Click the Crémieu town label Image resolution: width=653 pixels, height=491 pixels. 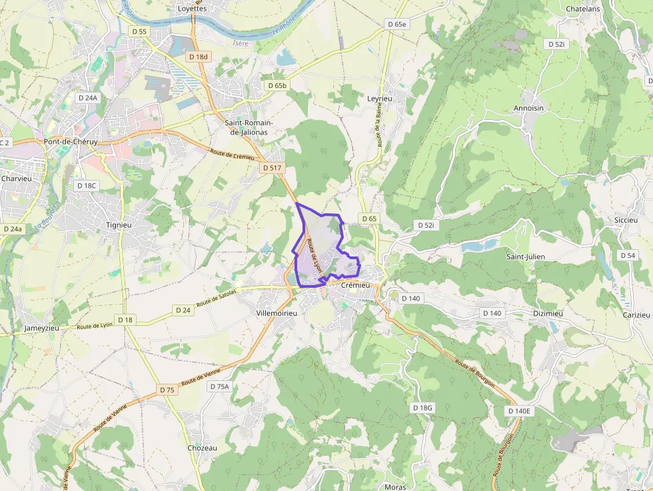(x=355, y=284)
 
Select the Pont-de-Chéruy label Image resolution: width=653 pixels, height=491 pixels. (x=70, y=142)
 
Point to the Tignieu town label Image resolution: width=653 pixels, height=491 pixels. (x=119, y=225)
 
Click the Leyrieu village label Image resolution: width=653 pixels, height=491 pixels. (x=380, y=98)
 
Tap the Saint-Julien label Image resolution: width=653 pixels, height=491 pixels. (x=526, y=256)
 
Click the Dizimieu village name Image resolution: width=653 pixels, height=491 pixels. (x=548, y=313)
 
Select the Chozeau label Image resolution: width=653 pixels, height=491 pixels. (x=203, y=448)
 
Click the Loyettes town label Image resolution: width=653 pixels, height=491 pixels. (x=193, y=9)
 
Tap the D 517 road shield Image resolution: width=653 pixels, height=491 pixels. (x=271, y=168)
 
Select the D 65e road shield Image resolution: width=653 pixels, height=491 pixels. (x=396, y=24)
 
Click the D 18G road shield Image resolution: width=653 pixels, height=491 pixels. (x=422, y=407)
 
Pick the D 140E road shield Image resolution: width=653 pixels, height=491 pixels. (x=519, y=411)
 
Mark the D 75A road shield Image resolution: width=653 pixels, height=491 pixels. (x=219, y=386)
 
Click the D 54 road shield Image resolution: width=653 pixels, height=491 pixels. (x=627, y=255)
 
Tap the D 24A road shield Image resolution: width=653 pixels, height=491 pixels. (x=87, y=97)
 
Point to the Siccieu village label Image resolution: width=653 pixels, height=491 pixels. (x=626, y=220)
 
